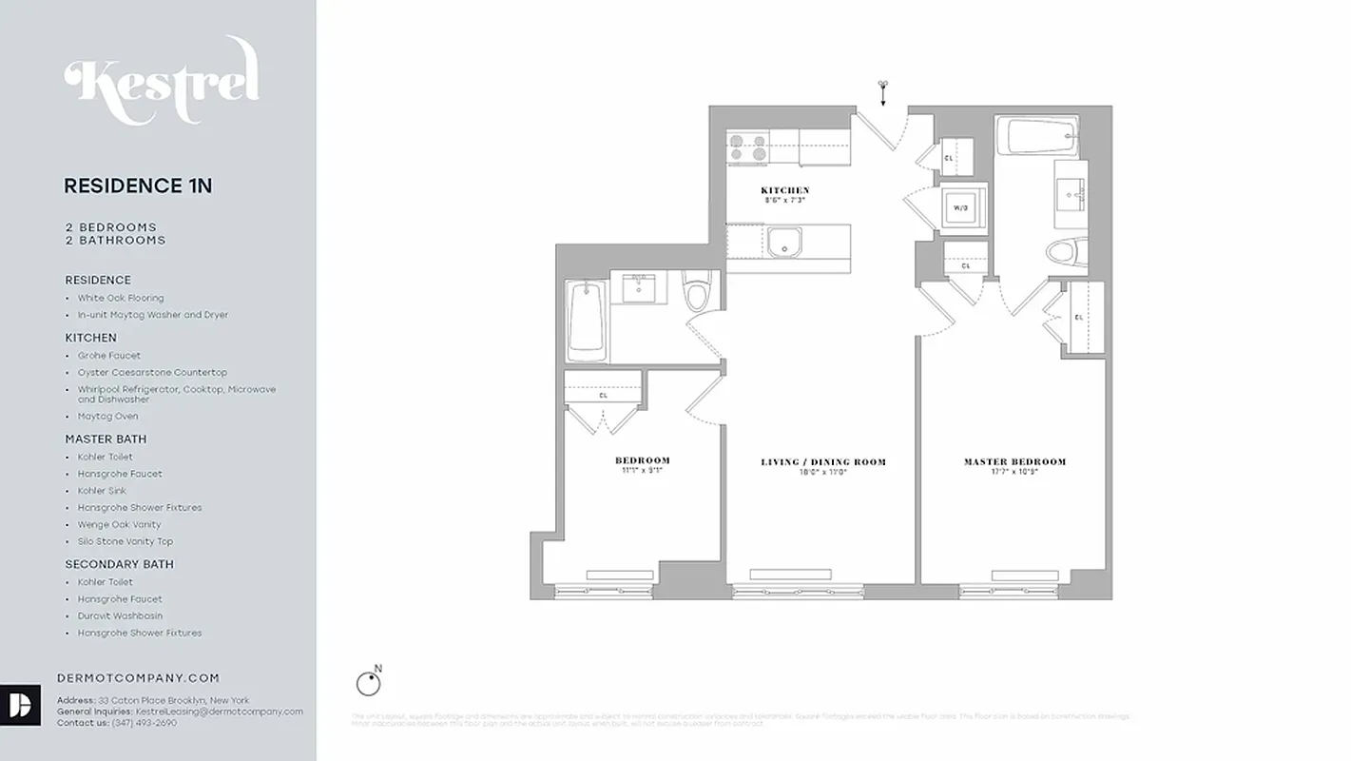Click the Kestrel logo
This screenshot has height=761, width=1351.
pos(162,81)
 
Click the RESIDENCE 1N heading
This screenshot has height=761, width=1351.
pos(138,186)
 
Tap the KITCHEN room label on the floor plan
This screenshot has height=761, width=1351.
pos(784,191)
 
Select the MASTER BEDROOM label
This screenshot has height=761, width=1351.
pos(1014,462)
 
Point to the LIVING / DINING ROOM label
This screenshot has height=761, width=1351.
pos(822,462)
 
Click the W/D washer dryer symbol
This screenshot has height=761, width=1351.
pos(961,207)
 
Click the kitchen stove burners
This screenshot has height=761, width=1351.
pos(748,147)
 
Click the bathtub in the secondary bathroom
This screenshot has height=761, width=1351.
pos(587,321)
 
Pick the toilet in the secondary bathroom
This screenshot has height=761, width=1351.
pos(696,293)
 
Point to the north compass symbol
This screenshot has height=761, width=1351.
pos(368,682)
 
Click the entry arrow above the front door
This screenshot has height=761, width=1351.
pos(883,91)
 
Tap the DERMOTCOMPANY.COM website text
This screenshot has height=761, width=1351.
pos(138,678)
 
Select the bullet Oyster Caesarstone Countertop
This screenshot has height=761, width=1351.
pos(152,373)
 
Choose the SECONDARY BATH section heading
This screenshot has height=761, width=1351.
pos(119,564)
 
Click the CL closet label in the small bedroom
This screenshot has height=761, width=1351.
pos(603,395)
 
